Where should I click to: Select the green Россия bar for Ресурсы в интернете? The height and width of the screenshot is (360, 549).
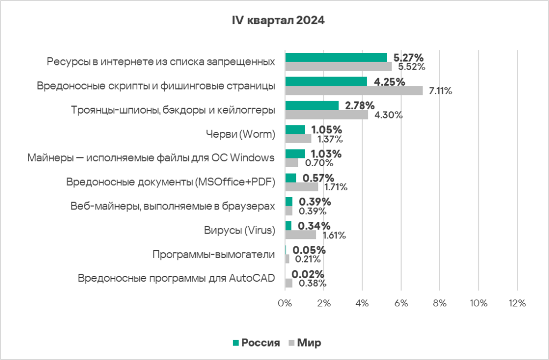[x=336, y=57]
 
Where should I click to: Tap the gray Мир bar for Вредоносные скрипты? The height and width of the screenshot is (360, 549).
[x=354, y=91]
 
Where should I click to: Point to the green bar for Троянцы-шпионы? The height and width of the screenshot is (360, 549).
[x=311, y=106]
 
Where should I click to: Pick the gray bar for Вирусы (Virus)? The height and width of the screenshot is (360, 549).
[x=300, y=235]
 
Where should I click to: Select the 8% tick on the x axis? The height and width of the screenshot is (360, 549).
[x=440, y=303]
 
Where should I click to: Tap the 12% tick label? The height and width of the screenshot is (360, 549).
[x=517, y=303]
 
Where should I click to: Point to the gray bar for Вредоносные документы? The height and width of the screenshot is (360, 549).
[x=301, y=187]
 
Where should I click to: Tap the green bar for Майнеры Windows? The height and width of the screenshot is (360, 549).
[x=295, y=154]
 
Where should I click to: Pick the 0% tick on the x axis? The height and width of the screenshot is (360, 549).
[x=285, y=303]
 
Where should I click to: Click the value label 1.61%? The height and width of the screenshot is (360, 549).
[x=333, y=235]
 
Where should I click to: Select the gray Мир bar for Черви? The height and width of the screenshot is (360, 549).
[x=298, y=139]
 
